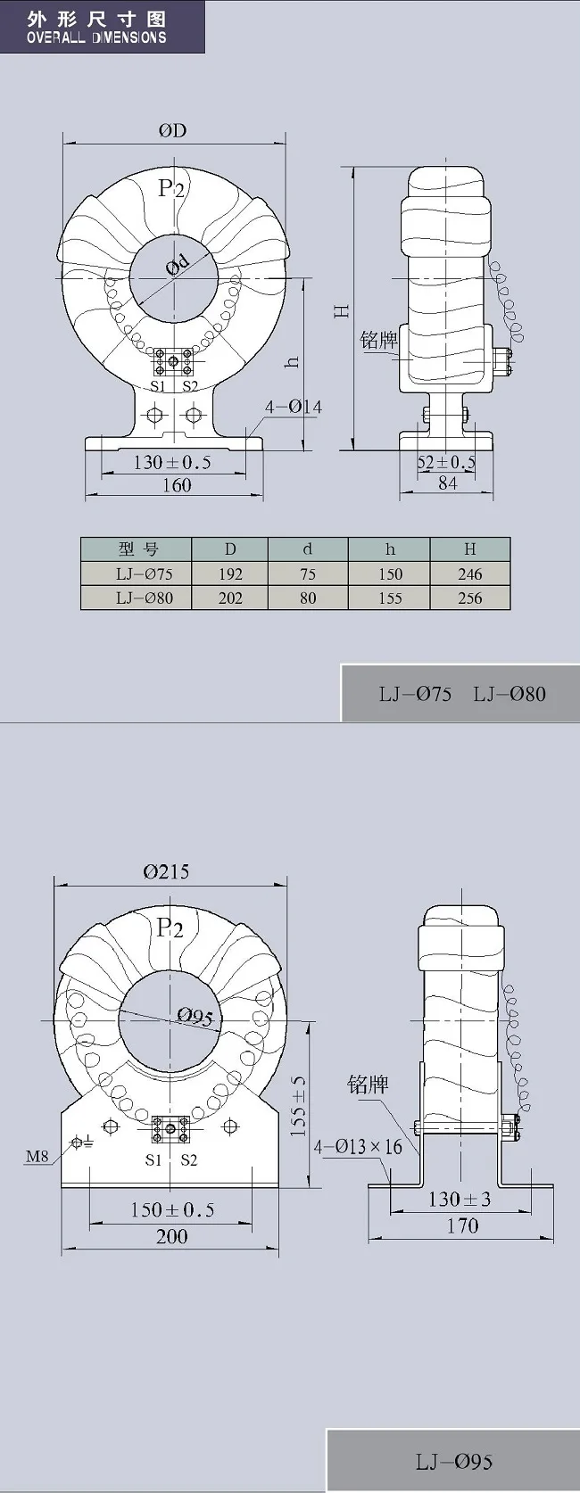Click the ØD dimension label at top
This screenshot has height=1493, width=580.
[173, 130]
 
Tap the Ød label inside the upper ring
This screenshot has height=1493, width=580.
[178, 265]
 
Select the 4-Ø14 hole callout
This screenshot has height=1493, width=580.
[294, 407]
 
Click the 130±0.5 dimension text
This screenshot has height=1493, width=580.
[172, 462]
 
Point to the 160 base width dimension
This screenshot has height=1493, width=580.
[177, 485]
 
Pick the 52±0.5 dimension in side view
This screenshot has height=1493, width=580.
[447, 462]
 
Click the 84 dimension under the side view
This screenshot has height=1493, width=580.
[447, 483]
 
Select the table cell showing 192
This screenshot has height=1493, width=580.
[230, 573]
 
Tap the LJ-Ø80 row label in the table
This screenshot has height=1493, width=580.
[144, 598]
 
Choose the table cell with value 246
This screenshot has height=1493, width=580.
[469, 573]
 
